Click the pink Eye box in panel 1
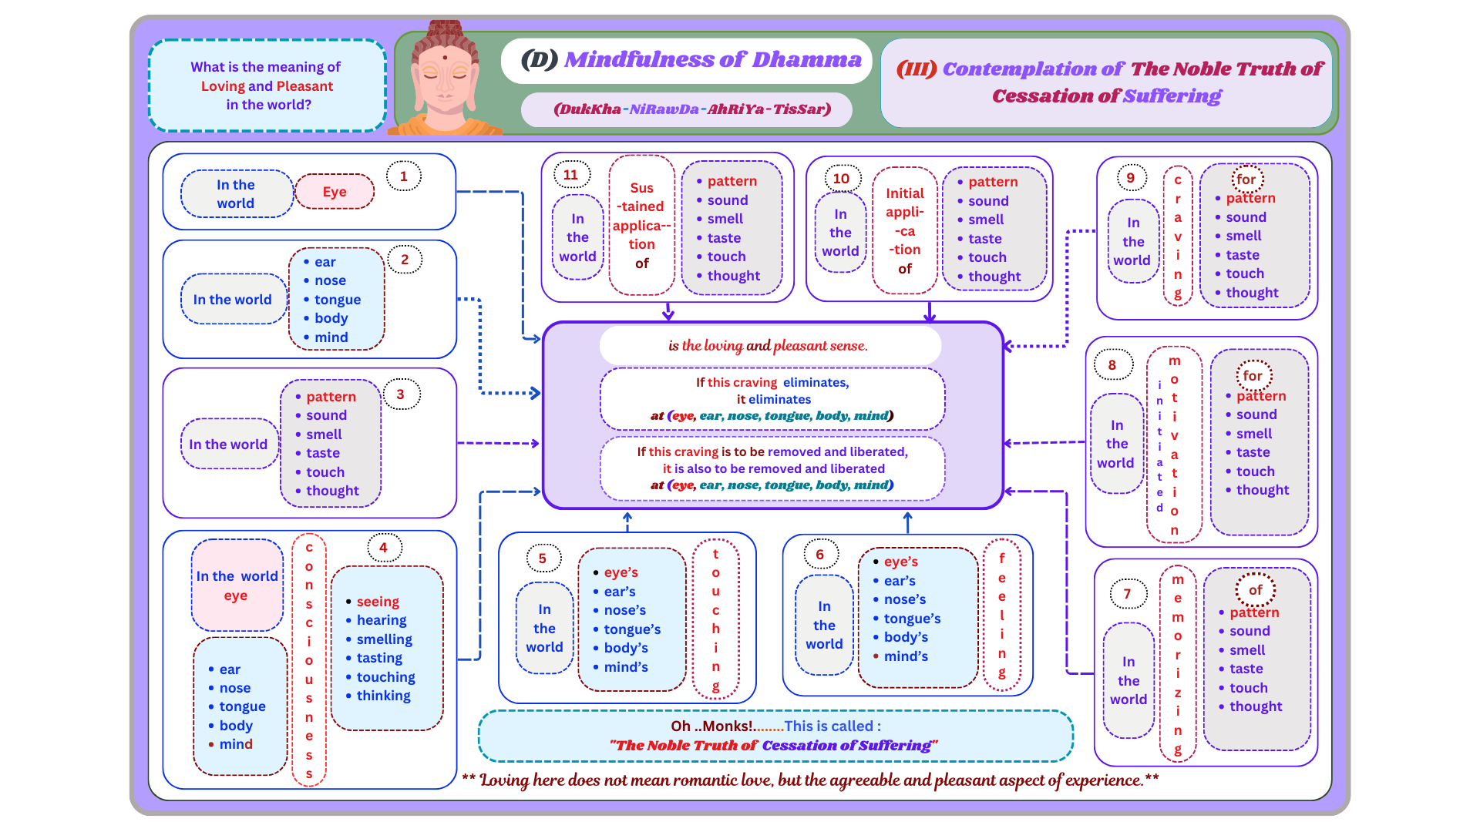pyautogui.click(x=335, y=192)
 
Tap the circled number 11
pyautogui.click(x=570, y=175)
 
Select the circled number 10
pyautogui.click(x=841, y=179)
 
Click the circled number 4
pyautogui.click(x=383, y=548)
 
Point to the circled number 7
pyautogui.click(x=1127, y=594)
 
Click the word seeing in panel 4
pyautogui.click(x=378, y=602)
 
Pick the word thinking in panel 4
pyautogui.click(x=383, y=696)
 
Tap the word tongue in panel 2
pyautogui.click(x=337, y=300)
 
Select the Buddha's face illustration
pyautogui.click(x=444, y=77)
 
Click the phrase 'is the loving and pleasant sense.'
pyautogui.click(x=768, y=346)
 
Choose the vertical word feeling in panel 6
pyautogui.click(x=1002, y=616)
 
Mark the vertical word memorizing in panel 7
pyautogui.click(x=1178, y=664)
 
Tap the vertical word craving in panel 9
pyautogui.click(x=1178, y=237)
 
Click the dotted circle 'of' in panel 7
pyautogui.click(x=1256, y=590)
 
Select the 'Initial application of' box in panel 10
pyautogui.click(x=904, y=231)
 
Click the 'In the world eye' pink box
pyautogui.click(x=237, y=585)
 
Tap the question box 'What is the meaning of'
pyautogui.click(x=267, y=86)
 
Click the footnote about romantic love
pyautogui.click(x=810, y=780)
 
